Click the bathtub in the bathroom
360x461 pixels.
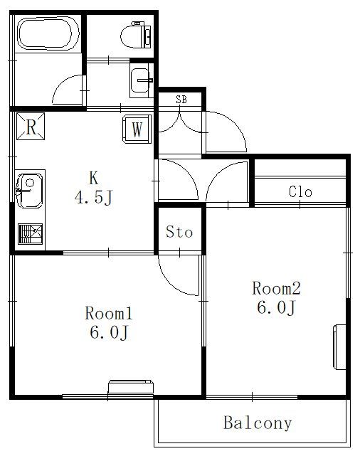click(48, 34)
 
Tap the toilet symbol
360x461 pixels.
click(137, 36)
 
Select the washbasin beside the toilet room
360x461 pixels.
click(142, 80)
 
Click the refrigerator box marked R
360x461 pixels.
click(31, 127)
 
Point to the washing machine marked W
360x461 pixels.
click(137, 129)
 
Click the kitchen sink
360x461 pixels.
click(29, 191)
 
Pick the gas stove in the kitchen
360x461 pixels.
click(31, 234)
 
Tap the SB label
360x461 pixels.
click(181, 100)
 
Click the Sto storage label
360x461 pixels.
click(179, 232)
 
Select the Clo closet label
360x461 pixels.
click(300, 191)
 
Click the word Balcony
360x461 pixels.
click(258, 423)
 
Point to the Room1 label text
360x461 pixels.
click(109, 313)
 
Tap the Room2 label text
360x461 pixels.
click(277, 288)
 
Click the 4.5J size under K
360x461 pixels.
click(94, 197)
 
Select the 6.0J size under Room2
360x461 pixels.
click(276, 307)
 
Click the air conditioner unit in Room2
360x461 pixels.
click(339, 346)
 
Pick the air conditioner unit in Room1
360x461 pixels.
click(131, 386)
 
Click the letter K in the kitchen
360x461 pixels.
click(93, 178)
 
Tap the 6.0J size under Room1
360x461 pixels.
click(109, 332)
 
